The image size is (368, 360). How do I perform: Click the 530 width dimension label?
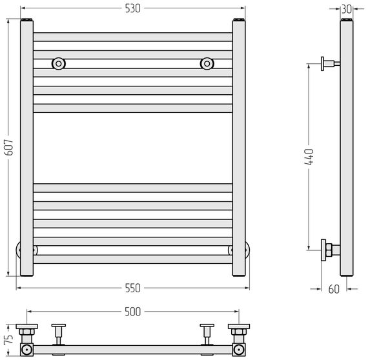[132, 8]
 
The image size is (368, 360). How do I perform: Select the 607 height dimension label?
[9, 147]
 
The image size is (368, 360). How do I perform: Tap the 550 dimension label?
[132, 288]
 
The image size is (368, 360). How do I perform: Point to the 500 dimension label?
[132, 312]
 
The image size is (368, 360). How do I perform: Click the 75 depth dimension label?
[8, 339]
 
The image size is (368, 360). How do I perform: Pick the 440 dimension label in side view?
[309, 156]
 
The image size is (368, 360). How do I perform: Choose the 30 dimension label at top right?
[347, 10]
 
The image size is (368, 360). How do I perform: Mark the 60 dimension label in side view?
[334, 289]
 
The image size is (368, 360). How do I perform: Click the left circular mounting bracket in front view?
[59, 64]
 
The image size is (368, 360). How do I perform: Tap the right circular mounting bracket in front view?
[207, 64]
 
